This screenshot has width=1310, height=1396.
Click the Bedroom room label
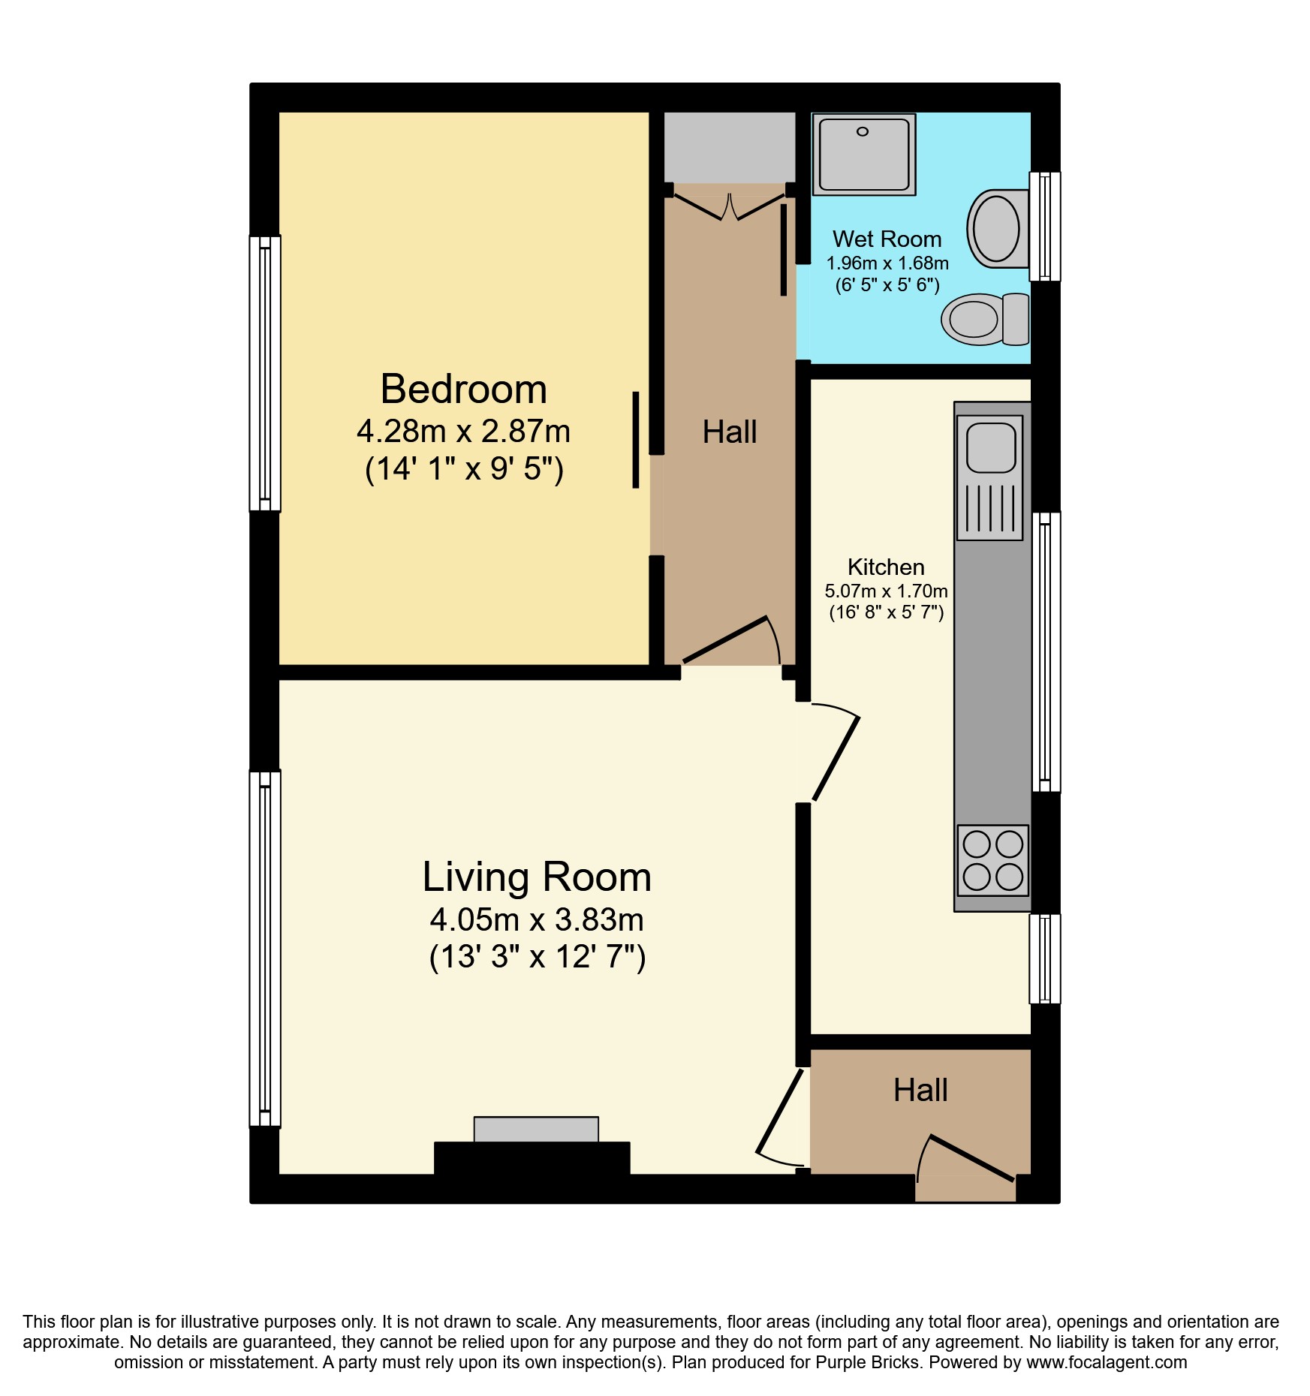click(x=463, y=390)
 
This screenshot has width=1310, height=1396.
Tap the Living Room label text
click(x=536, y=877)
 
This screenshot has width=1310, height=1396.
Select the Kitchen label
click(x=886, y=567)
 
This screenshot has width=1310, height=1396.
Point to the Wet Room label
click(x=887, y=239)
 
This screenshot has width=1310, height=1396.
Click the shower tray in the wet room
click(x=863, y=155)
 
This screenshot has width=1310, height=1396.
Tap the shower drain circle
click(x=863, y=132)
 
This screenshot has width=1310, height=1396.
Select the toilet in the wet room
click(x=985, y=319)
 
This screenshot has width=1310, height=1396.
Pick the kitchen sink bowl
click(x=991, y=447)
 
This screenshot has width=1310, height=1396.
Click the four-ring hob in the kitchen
click(x=992, y=860)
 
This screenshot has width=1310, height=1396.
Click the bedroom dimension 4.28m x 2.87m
click(x=463, y=432)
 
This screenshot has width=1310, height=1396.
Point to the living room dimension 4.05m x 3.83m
click(x=536, y=919)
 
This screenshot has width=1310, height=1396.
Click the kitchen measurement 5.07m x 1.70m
click(x=886, y=591)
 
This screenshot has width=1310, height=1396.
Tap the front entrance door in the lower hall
click(x=973, y=1158)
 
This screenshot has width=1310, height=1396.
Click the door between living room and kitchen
click(x=836, y=757)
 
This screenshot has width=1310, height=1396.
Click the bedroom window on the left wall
click(x=264, y=374)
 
